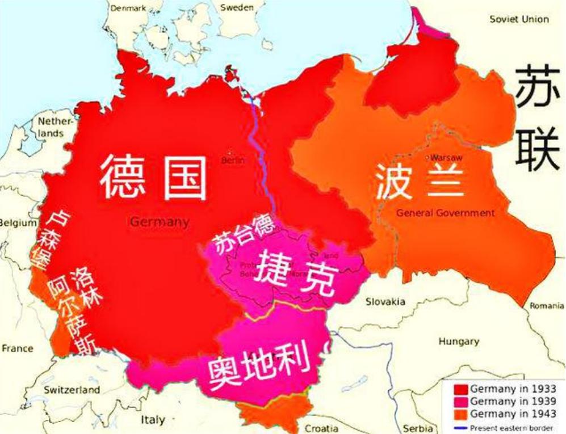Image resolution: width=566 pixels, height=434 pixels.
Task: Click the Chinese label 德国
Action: (x=153, y=177)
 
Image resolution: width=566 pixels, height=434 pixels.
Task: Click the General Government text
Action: (x=445, y=213)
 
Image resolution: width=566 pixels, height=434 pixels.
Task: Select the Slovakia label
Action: (x=385, y=301)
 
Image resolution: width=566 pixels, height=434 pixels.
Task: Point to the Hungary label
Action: (x=459, y=342)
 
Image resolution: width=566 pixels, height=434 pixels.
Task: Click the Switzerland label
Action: (x=72, y=390)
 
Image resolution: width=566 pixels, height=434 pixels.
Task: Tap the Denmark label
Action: (x=128, y=8)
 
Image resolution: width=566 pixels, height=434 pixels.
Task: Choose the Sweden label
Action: (x=237, y=7)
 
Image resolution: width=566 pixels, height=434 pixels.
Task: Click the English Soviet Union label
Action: (x=519, y=19)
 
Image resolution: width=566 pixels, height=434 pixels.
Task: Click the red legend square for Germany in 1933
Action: (x=460, y=389)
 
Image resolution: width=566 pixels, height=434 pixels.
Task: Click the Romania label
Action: (x=547, y=306)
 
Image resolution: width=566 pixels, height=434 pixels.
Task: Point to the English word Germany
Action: (x=160, y=222)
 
